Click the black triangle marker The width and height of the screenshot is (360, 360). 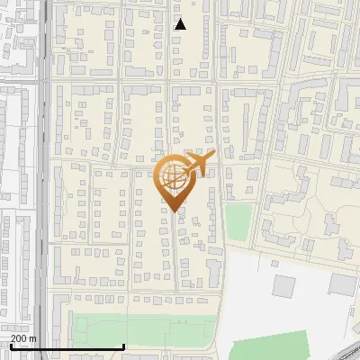click(x=180, y=24)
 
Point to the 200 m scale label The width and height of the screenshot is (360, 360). click(x=23, y=338)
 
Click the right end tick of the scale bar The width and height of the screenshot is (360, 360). click(x=123, y=346)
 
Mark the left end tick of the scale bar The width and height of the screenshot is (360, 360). click(x=11, y=346)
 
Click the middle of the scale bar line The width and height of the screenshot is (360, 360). click(x=67, y=347)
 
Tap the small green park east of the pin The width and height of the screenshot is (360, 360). click(x=238, y=222)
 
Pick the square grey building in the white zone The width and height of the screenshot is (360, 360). click(x=284, y=287)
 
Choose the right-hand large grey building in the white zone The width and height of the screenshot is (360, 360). click(x=343, y=284)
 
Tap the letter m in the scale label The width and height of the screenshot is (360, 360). click(x=33, y=338)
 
